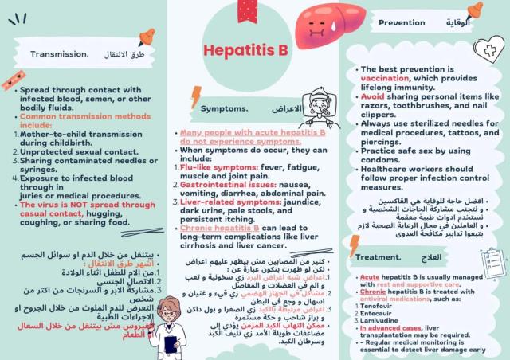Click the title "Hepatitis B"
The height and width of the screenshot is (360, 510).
(x=245, y=51)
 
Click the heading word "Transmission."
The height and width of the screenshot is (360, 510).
(x=60, y=54)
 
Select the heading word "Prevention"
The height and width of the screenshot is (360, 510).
(x=402, y=22)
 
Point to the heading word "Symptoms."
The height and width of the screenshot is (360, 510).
(x=225, y=108)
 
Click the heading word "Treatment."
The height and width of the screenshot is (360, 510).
(x=378, y=257)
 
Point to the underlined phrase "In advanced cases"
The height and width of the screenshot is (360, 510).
(x=390, y=327)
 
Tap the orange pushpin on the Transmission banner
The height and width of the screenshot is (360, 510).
(x=147, y=37)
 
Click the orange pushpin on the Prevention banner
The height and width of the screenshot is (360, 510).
(x=475, y=10)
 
